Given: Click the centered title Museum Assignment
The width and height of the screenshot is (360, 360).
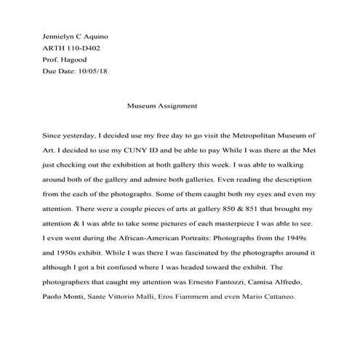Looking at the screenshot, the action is (162, 105).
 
